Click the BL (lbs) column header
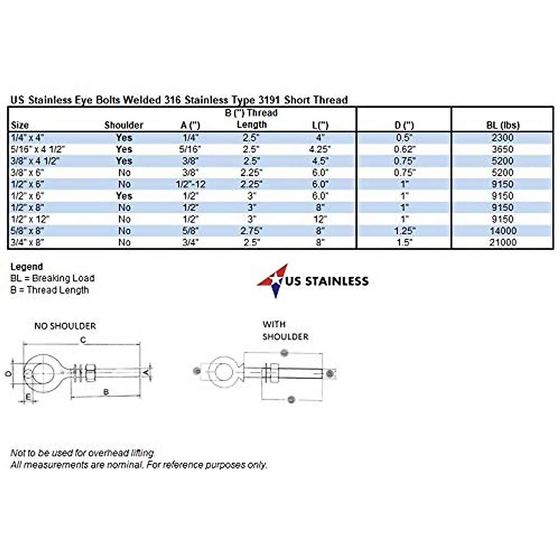[502, 125]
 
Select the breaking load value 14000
[503, 231]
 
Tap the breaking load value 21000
[503, 243]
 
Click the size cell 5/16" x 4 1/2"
[38, 149]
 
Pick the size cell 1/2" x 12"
[30, 219]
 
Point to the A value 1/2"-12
[190, 184]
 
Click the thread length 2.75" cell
[252, 231]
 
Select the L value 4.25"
[320, 149]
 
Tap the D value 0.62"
[404, 149]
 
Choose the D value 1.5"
[404, 243]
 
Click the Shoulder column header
[124, 125]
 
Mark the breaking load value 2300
[503, 138]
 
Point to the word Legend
[27, 267]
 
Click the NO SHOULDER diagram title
[65, 326]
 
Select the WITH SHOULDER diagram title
[285, 330]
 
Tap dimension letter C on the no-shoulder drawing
[83, 340]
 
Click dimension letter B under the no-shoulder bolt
[106, 392]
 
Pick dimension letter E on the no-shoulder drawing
[28, 397]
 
